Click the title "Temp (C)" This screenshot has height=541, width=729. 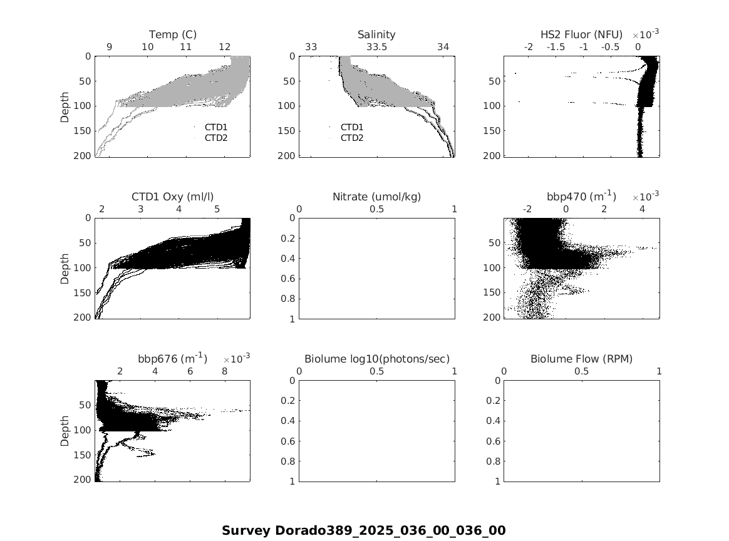(172, 34)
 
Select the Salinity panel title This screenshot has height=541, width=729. (376, 34)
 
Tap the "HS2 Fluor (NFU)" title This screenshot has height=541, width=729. (581, 34)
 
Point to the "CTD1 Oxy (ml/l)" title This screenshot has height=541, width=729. (172, 197)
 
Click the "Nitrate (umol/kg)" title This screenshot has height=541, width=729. (376, 197)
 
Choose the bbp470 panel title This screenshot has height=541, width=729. (581, 197)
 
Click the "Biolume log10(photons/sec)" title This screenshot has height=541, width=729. (376, 359)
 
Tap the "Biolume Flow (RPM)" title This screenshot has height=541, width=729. (581, 359)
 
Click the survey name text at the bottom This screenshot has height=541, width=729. (364, 530)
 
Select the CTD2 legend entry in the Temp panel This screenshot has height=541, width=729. (216, 138)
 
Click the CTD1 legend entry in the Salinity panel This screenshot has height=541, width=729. (352, 127)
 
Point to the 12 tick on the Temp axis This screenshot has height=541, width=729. (225, 47)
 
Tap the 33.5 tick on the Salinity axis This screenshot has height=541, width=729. (376, 47)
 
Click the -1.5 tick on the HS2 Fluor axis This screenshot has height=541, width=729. (556, 47)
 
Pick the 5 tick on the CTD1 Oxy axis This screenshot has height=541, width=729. (217, 209)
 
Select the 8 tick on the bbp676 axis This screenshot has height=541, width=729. (225, 371)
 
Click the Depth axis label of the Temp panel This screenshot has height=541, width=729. (65, 107)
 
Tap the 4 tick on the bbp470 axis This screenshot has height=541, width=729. (643, 209)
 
